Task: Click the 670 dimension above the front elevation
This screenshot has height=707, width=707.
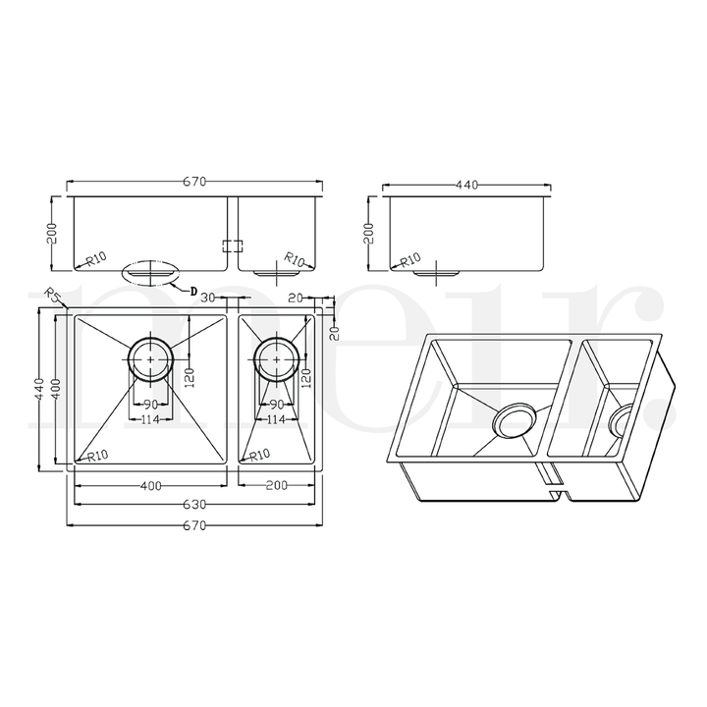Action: tap(193, 182)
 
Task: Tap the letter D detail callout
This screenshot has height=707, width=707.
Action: tap(193, 290)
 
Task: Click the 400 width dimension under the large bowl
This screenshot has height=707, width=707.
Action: tap(151, 486)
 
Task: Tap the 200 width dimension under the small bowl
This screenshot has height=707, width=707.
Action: tap(276, 486)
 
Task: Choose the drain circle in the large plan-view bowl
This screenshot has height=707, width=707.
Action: tap(150, 359)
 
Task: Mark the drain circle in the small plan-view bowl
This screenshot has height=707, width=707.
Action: tap(276, 359)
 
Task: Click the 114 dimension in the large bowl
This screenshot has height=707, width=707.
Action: tap(150, 420)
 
